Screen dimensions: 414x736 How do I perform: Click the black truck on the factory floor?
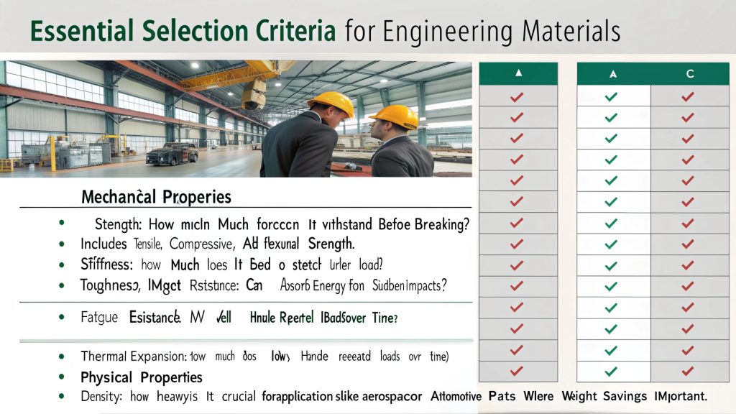[x=172, y=153]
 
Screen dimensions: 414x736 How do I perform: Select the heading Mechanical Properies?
[x=156, y=196]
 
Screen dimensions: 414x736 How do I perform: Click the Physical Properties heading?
[x=142, y=377]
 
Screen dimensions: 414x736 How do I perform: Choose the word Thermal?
[x=103, y=356]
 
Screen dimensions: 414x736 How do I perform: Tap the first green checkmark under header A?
[x=612, y=96]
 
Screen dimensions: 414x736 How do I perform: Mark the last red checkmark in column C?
[x=688, y=372]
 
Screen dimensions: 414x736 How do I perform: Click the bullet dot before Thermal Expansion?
[x=65, y=356]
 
